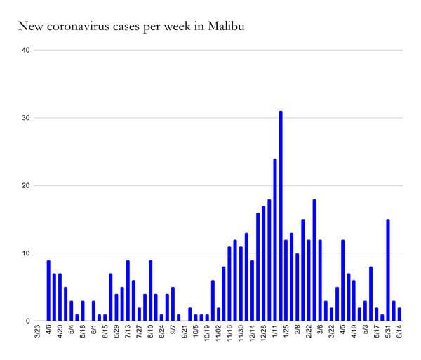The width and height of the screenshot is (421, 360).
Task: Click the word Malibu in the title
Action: tap(225, 26)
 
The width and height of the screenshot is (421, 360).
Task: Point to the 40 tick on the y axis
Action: tap(26, 50)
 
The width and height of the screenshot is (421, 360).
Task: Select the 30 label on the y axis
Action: tap(26, 118)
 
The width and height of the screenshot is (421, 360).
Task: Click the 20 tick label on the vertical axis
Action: tap(26, 185)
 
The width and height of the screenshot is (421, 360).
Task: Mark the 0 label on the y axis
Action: tap(27, 321)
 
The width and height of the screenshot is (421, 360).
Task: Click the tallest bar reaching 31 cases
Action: tap(281, 216)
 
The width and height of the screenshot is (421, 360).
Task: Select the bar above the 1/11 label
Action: tap(275, 240)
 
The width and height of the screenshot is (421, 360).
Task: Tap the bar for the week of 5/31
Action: tap(388, 270)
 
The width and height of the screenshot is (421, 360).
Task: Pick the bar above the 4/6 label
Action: tap(48, 291)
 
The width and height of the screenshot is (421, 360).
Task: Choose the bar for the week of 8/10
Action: tap(150, 291)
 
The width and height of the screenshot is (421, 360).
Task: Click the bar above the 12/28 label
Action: tap(264, 263)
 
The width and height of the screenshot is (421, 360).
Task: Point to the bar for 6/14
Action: tap(399, 314)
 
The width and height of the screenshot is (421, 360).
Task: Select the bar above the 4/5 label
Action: tap(343, 280)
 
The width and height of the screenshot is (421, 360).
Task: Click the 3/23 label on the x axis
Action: tap(38, 332)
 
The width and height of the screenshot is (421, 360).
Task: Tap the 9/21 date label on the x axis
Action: tap(185, 332)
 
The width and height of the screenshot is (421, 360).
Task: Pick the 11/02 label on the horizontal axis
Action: tap(218, 333)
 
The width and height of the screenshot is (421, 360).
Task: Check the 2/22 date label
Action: tap(309, 332)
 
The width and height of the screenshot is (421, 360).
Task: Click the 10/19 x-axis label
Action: tap(207, 333)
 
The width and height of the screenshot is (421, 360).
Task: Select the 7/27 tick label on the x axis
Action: tap(140, 332)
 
